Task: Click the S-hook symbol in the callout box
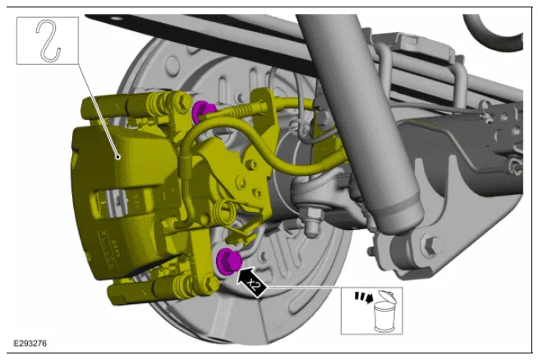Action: pyautogui.click(x=48, y=41)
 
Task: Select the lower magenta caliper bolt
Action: pyautogui.click(x=228, y=261)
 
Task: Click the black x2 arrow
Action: pyautogui.click(x=251, y=282)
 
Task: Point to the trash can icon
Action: pyautogui.click(x=386, y=312)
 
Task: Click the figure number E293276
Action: pyautogui.click(x=30, y=344)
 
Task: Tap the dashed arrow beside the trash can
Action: pyautogui.click(x=364, y=297)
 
